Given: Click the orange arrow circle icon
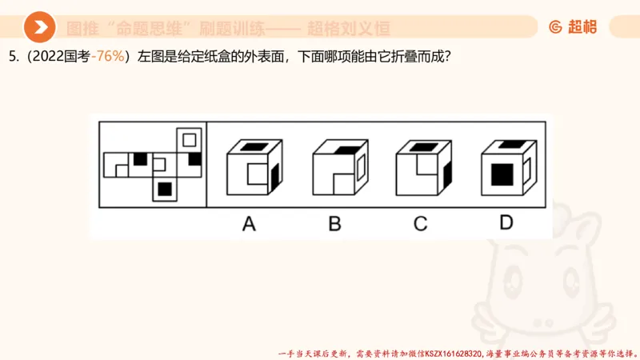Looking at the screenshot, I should pyautogui.click(x=39, y=29).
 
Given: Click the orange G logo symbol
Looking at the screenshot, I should pyautogui.click(x=554, y=27).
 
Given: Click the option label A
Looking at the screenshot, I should pyautogui.click(x=249, y=224).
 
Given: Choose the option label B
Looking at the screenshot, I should pyautogui.click(x=334, y=224).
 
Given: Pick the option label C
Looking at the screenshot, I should pyautogui.click(x=420, y=224).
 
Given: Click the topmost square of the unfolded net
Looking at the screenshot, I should pyautogui.click(x=189, y=140).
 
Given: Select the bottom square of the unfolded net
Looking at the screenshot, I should pyautogui.click(x=165, y=189).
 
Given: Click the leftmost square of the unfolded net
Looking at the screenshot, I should pyautogui.click(x=116, y=164).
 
